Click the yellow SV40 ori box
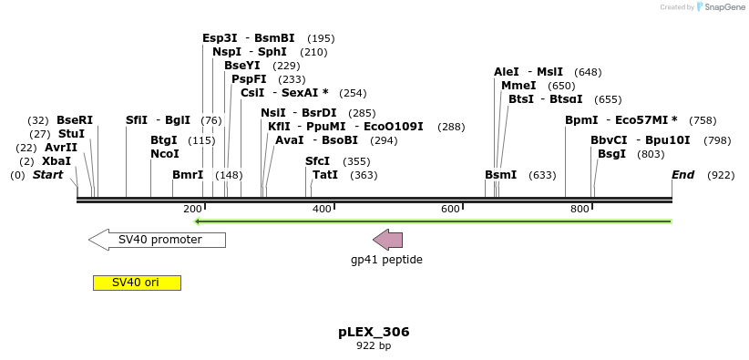click(137, 283)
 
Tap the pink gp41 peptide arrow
click(388, 240)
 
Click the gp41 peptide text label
click(386, 260)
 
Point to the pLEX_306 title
click(374, 332)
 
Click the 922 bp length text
click(374, 346)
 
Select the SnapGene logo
click(721, 7)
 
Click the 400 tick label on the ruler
click(322, 210)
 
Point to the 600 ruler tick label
click(451, 210)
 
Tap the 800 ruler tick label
click(580, 210)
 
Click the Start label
click(48, 175)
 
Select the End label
click(683, 175)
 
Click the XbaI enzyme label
click(56, 161)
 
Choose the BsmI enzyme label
click(500, 175)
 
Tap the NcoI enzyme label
click(165, 154)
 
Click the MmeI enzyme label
click(518, 86)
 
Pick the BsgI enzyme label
click(612, 154)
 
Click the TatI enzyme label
click(325, 175)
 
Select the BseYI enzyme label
click(242, 66)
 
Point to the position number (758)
click(703, 120)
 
